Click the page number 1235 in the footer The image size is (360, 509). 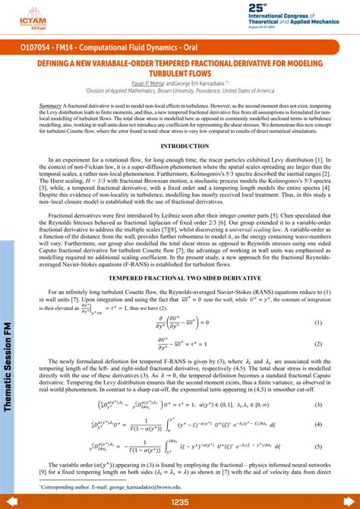click(180, 502)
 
